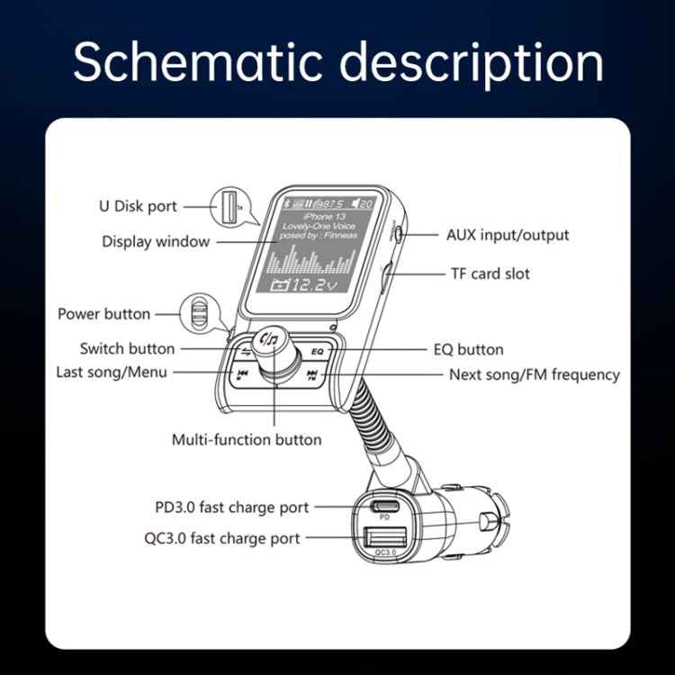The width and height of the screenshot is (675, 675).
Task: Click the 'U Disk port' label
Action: click(x=138, y=206)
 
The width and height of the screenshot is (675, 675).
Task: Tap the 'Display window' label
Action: click(x=156, y=241)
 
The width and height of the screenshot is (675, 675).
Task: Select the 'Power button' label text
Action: click(x=104, y=314)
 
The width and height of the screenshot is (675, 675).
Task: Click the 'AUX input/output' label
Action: click(x=508, y=235)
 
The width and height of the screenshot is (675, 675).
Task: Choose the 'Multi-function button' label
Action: click(x=246, y=440)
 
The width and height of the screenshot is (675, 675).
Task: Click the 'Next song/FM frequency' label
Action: click(x=534, y=374)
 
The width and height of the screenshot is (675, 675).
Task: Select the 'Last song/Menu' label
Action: click(x=112, y=372)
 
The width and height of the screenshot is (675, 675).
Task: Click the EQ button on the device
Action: click(x=317, y=351)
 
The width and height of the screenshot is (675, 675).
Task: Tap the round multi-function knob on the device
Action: click(x=269, y=342)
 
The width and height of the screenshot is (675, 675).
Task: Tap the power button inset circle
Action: click(x=200, y=313)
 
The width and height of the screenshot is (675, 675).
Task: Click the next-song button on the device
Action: click(x=312, y=375)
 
